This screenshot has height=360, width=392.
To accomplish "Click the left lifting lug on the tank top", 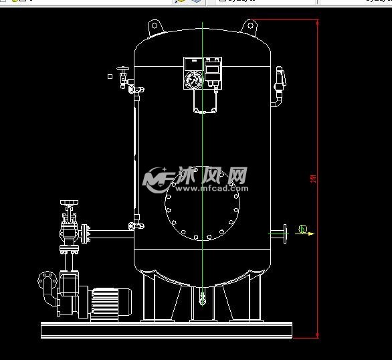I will [x=153, y=26].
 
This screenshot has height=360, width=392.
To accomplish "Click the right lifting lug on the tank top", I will [x=251, y=26].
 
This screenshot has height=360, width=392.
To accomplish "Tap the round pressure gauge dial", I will [x=193, y=79].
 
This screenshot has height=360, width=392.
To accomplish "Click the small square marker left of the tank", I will [x=110, y=76].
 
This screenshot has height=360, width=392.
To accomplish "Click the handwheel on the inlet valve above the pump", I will [x=67, y=202].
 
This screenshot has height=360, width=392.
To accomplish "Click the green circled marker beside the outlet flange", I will [x=302, y=230].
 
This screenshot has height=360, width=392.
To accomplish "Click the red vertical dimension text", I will [x=313, y=179].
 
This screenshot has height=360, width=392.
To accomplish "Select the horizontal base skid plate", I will [x=167, y=330].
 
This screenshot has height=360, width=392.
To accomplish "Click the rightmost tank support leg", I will [x=257, y=298].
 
